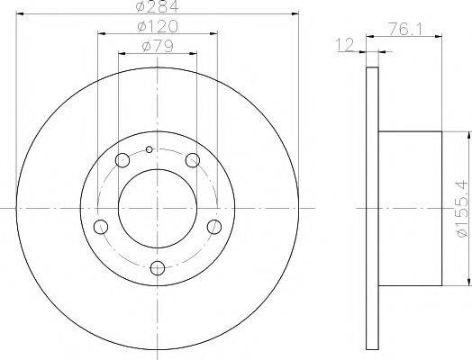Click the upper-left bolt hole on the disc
click(x=123, y=161)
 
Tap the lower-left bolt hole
click(x=102, y=226)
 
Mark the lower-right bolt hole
click(x=214, y=226)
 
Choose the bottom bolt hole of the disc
click(x=159, y=266)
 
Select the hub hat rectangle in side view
click(x=411, y=206)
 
